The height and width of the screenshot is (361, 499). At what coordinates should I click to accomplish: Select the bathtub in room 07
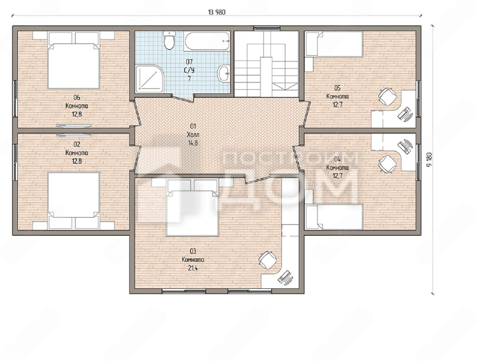tap(207, 42)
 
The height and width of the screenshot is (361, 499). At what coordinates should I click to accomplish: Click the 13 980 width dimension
tap(217, 12)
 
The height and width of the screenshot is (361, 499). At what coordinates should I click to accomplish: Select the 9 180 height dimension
tap(429, 159)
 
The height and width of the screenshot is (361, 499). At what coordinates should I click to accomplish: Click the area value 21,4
tap(193, 268)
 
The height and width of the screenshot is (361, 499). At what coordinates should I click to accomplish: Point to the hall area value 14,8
tap(193, 143)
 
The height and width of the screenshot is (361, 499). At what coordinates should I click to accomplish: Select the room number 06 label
tap(77, 97)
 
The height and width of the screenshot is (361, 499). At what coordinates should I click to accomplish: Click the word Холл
tap(193, 135)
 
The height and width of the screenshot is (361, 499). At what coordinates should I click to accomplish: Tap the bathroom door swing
tap(183, 98)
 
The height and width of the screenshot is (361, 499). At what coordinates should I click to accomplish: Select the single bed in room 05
tap(334, 44)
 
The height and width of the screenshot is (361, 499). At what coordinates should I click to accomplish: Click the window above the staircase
tap(267, 28)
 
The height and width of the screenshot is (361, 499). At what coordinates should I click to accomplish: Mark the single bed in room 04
tap(334, 217)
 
